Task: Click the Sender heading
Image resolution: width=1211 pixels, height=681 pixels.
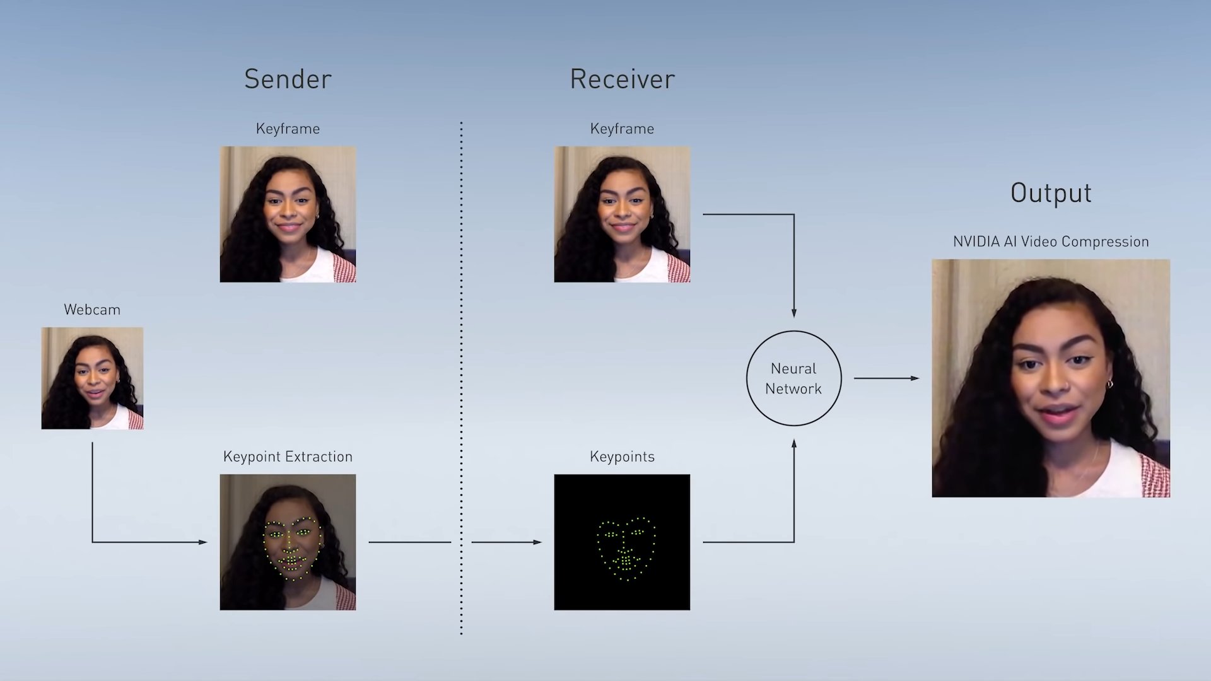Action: pos(288,79)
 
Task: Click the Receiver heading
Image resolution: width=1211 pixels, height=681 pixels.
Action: pos(622,79)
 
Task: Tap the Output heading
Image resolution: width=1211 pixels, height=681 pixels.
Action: pos(1051,193)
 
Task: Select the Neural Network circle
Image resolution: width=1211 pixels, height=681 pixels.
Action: pos(793,378)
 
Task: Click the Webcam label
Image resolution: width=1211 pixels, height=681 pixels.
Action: pos(92,310)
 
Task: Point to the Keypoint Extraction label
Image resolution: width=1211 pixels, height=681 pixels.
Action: pos(288,457)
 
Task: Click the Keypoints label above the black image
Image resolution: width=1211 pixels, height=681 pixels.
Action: pos(622,457)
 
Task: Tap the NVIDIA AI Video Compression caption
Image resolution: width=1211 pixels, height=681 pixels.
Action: pos(1051,242)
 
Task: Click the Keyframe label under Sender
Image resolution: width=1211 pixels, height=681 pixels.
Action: pos(288,129)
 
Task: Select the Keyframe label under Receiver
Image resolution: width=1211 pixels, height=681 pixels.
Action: pos(622,129)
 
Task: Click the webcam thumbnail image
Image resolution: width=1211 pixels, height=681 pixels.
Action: pos(92,378)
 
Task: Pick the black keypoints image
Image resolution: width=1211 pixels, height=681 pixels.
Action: pos(622,542)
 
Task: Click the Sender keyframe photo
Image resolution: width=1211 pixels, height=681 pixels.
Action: pos(288,214)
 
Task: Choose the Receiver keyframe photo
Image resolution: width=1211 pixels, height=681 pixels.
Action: pos(622,214)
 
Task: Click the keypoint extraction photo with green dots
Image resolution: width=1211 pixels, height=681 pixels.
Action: pos(288,542)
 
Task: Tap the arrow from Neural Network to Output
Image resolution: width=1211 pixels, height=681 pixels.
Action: pos(887,378)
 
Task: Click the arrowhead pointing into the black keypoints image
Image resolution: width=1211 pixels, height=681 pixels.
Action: pos(537,542)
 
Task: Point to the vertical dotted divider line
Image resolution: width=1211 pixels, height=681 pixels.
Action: pos(461,378)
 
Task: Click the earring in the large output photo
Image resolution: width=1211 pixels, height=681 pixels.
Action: pos(1109,383)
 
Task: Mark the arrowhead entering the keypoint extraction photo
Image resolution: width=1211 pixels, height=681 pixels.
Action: pos(203,542)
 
